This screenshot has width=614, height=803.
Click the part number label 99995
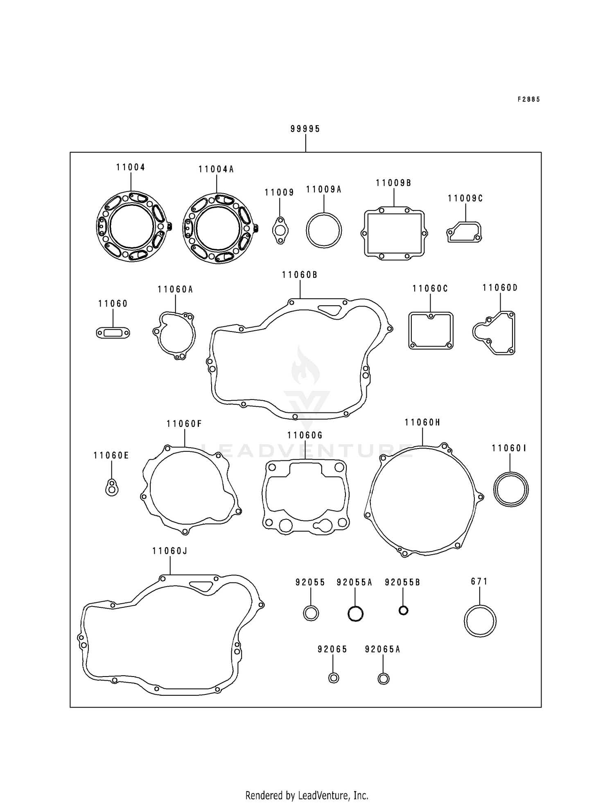pos(305,129)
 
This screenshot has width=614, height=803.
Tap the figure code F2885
pos(528,99)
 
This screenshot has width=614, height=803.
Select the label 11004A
pos(216,169)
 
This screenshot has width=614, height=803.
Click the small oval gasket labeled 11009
pos(280,231)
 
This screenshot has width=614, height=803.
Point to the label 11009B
pos(393,183)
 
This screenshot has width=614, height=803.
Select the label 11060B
pos(300,275)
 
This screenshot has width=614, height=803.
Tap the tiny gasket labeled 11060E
pos(111,487)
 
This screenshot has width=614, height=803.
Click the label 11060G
pos(305,435)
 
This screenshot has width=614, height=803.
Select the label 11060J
pos(169,551)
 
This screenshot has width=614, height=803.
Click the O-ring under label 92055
pos(311,614)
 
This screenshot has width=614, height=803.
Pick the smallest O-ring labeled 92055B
pos(403,611)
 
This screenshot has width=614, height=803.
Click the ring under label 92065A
pos(383,679)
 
